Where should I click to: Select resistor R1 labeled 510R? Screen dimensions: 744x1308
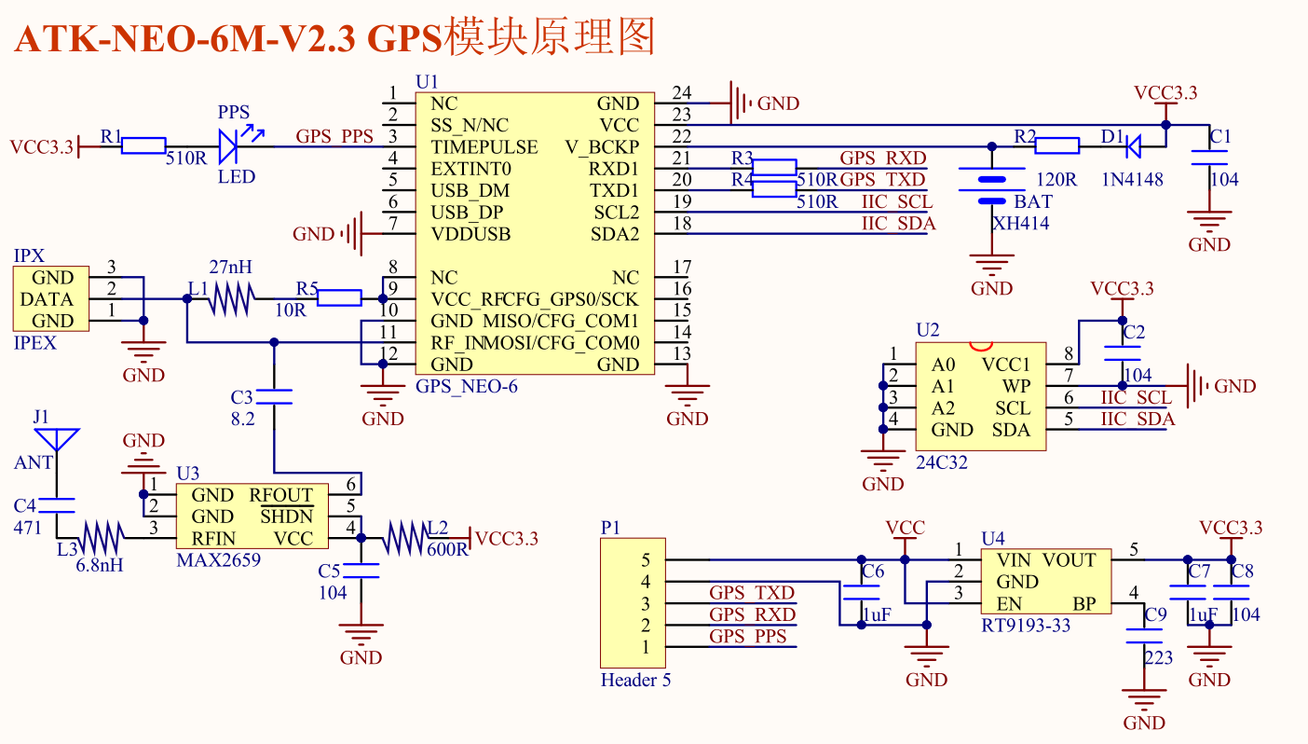(143, 145)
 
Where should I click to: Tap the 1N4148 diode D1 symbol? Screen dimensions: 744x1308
(1134, 145)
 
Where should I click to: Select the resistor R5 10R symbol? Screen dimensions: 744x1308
(339, 298)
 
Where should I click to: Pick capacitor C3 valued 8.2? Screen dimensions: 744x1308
(274, 397)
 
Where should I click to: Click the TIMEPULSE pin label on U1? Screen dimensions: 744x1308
(484, 147)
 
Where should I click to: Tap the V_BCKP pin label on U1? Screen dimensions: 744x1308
(602, 147)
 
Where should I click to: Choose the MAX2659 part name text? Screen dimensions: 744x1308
(218, 560)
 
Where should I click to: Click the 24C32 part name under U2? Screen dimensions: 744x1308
(943, 462)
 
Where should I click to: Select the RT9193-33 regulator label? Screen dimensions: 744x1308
(1026, 625)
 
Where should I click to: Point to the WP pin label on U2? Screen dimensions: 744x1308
(1015, 386)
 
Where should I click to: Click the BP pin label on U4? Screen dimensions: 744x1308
(1083, 604)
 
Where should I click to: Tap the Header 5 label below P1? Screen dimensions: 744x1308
(635, 680)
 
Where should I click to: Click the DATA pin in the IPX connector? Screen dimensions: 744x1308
(46, 299)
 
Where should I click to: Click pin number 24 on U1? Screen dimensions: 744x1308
(682, 92)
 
